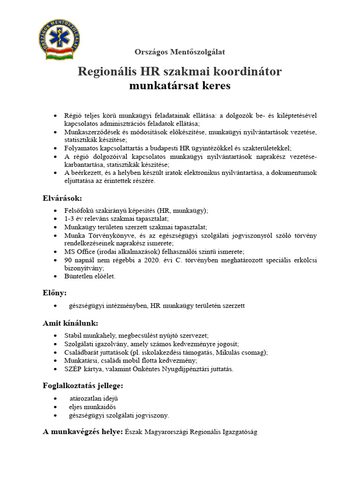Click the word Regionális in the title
pos(105,72)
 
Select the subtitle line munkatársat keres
pos(180,86)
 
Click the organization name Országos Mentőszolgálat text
pos(180,52)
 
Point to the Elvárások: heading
pos(62,198)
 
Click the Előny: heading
pos(55,293)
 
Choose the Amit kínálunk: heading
pos(71,323)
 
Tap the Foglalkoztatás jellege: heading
pos(83,386)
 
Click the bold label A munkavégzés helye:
pos(83,431)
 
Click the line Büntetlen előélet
pos(90,276)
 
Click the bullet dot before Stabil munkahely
pos(56,336)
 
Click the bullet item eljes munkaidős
pos(92,407)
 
